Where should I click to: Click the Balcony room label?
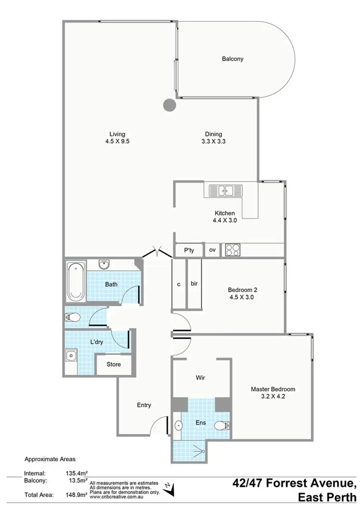click(232, 59)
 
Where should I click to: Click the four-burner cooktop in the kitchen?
click(233, 250)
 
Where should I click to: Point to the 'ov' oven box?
click(212, 250)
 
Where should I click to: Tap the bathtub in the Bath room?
click(75, 280)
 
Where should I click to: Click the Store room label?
click(113, 364)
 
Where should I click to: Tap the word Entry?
click(144, 405)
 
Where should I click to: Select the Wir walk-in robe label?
click(201, 378)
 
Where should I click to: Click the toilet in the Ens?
click(223, 425)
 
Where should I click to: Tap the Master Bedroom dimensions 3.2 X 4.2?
click(272, 397)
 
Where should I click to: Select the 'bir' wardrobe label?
click(194, 283)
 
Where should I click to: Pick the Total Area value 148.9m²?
click(76, 494)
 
